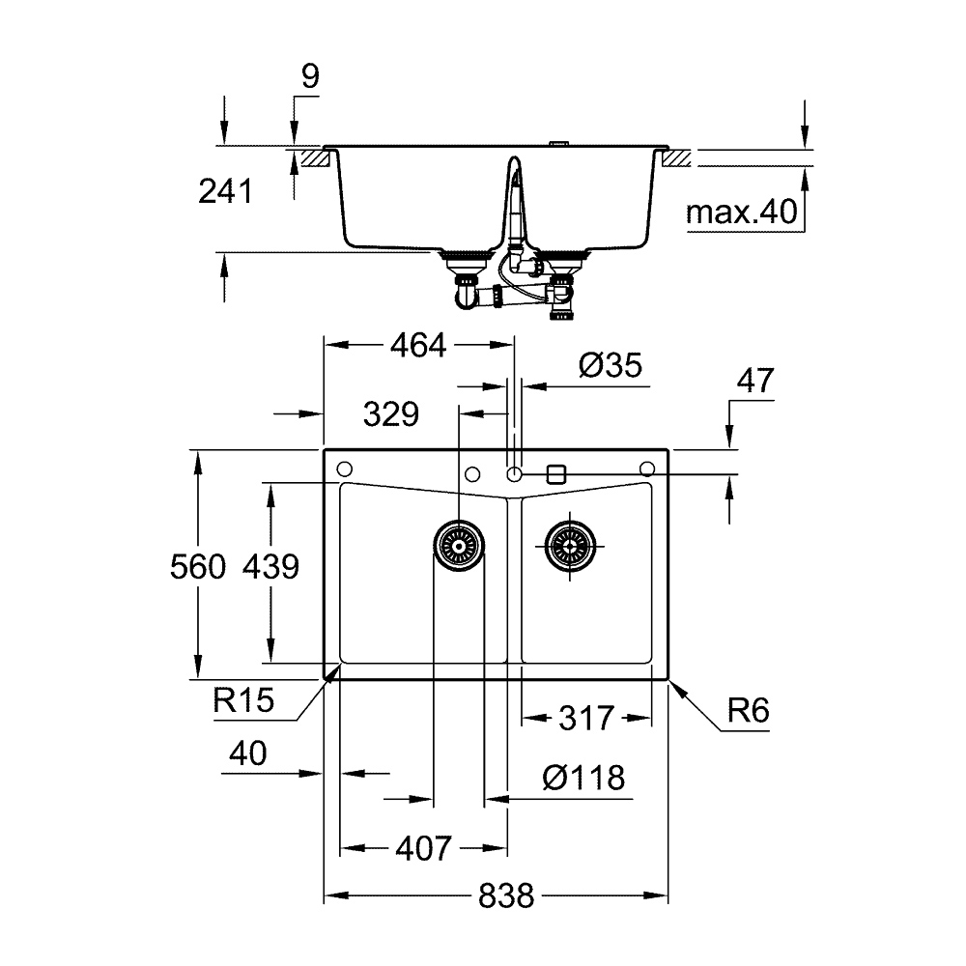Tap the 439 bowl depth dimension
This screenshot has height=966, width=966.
tap(272, 566)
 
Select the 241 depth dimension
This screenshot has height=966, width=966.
tap(224, 192)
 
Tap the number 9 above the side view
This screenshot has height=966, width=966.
tap(308, 76)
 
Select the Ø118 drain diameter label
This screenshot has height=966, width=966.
tap(582, 777)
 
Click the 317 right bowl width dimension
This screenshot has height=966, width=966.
tap(586, 718)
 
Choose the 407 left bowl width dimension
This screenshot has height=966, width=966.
tap(423, 849)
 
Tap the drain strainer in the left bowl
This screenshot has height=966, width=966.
tap(457, 547)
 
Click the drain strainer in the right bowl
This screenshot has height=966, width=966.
tap(571, 547)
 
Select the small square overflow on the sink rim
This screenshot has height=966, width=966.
tap(555, 473)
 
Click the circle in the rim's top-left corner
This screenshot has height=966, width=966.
tap(343, 469)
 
